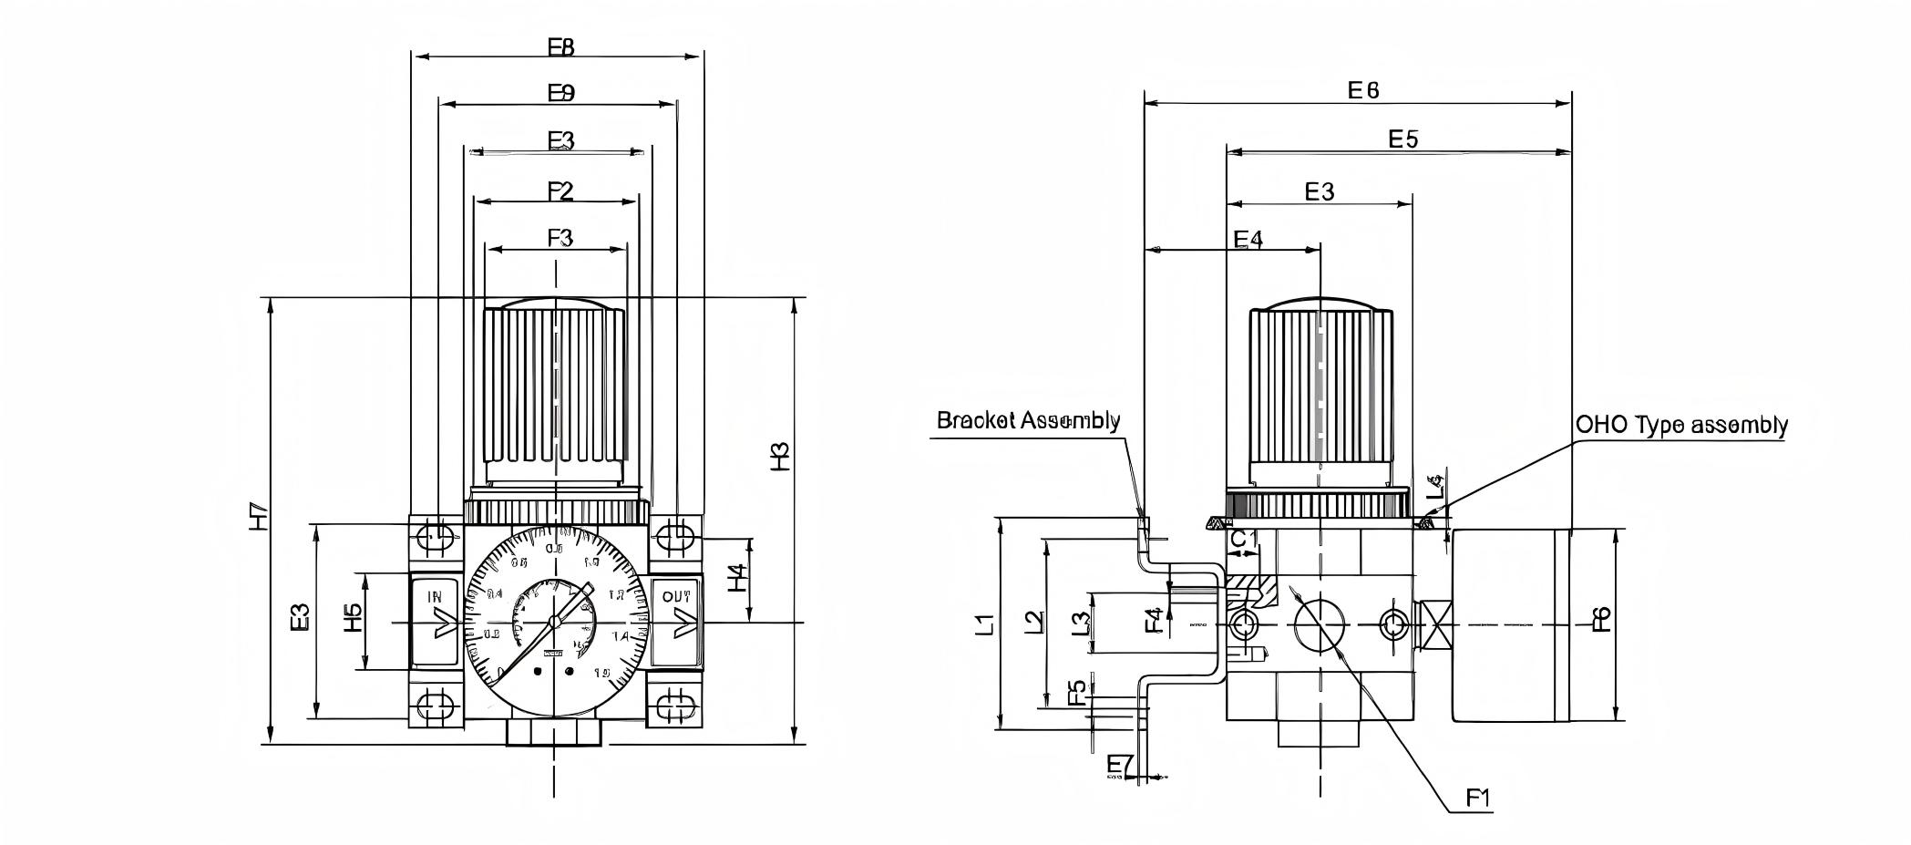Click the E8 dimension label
point(561,46)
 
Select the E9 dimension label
point(561,93)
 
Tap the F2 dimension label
point(560,191)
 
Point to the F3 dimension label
point(560,238)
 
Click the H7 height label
point(259,517)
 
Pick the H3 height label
point(780,457)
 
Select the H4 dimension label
point(737,578)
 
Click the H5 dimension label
point(353,619)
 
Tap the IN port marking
point(435,597)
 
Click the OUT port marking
point(676,597)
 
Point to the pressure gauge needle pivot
point(554,622)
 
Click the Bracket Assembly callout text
point(1028,420)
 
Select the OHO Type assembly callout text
point(1681,425)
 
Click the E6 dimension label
point(1363,89)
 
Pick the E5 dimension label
point(1403,139)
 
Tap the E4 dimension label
point(1248,239)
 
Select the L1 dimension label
point(985,624)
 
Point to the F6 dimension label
point(1601,620)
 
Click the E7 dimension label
point(1119,765)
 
